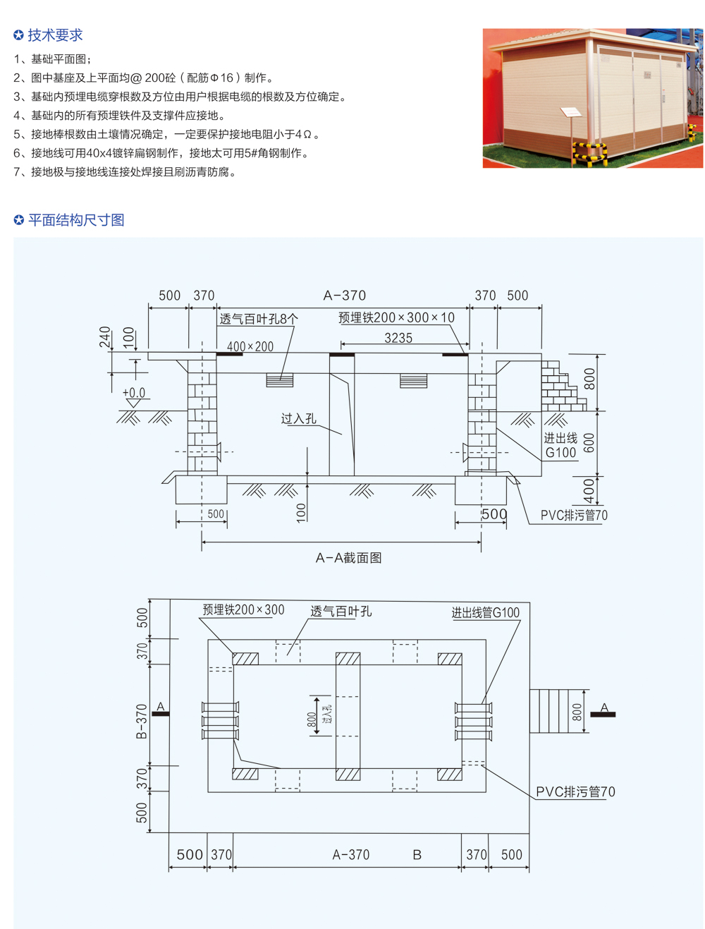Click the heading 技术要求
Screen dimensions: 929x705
click(55, 35)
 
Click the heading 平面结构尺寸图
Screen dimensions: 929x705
click(76, 220)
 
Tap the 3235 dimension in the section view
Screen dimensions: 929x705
click(398, 338)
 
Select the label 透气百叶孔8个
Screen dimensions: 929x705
click(259, 319)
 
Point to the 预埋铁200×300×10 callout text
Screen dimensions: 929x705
click(396, 317)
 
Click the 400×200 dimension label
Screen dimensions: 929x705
click(250, 346)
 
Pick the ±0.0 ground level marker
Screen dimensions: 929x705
click(133, 393)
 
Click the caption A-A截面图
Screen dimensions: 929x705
click(348, 558)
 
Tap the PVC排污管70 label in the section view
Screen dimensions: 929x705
click(574, 516)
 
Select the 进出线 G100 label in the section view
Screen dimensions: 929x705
click(560, 446)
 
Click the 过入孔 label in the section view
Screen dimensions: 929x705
click(298, 419)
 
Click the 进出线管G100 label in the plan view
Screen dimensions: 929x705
click(486, 613)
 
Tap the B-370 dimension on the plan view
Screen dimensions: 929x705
click(142, 721)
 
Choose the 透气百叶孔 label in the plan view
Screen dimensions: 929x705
click(341, 611)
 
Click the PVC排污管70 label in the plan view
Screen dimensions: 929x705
click(575, 792)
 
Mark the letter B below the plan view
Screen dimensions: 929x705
click(417, 855)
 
